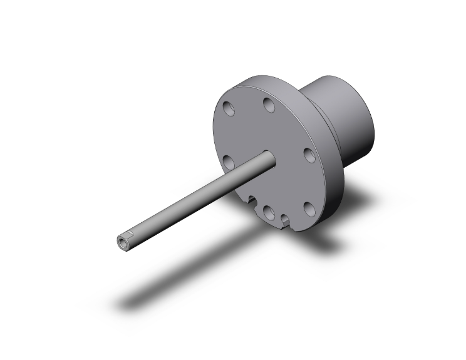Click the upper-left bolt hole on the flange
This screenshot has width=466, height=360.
point(229,108)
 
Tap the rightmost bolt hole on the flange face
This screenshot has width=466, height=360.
point(309,155)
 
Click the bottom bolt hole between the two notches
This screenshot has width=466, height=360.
point(268,212)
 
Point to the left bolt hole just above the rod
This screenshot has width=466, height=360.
point(229,163)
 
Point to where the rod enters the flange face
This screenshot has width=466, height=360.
point(267,159)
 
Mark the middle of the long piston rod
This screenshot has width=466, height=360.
point(194,200)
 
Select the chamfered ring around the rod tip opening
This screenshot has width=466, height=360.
point(118,243)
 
